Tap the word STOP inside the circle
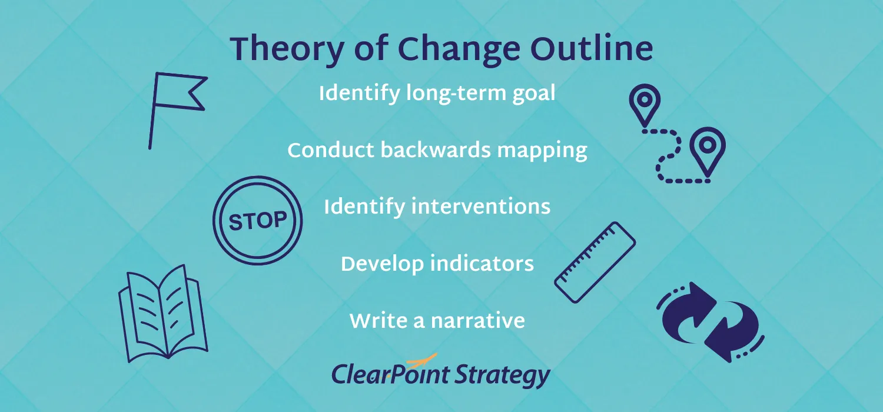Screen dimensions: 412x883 257,221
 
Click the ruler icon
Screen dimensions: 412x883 595,254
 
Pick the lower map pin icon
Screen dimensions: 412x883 707,147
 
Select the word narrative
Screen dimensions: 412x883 477,321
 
